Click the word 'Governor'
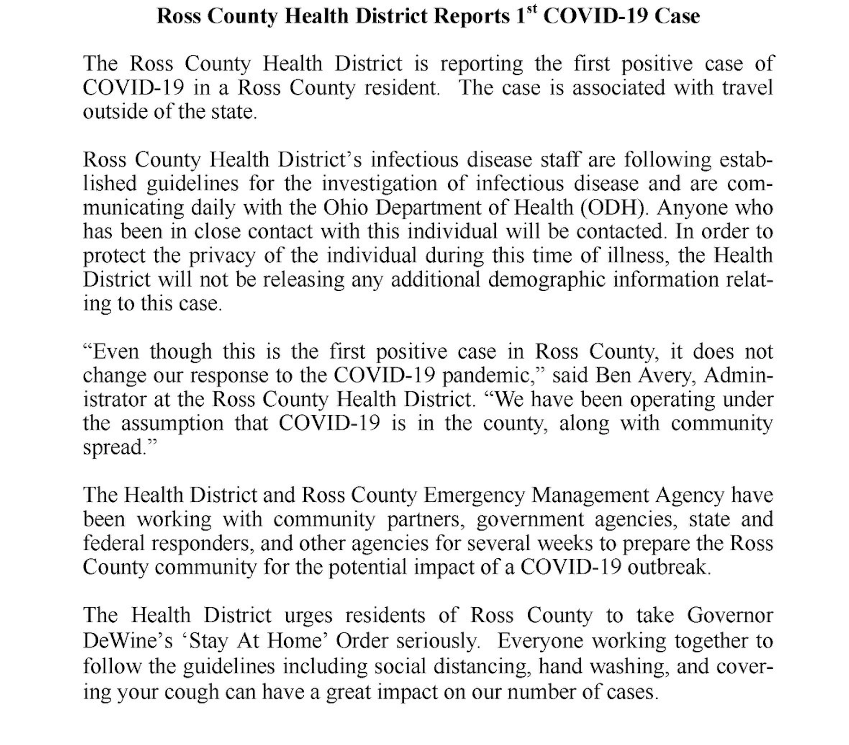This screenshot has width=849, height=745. point(730,616)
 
